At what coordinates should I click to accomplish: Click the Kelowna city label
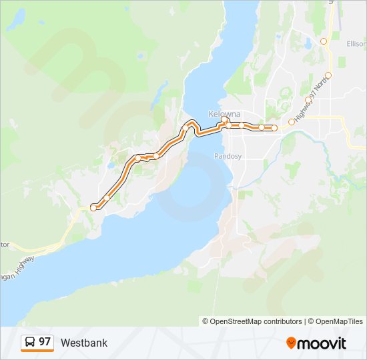(x=224, y=113)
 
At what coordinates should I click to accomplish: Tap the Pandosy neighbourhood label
(x=227, y=156)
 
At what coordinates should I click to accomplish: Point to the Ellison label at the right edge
(x=356, y=44)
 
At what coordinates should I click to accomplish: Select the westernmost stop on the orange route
(x=93, y=207)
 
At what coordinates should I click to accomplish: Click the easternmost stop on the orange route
(x=274, y=128)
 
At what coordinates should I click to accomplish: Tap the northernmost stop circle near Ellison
(x=324, y=41)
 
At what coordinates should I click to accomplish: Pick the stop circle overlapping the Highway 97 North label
(x=308, y=100)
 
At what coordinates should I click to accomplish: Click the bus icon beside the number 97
(x=30, y=342)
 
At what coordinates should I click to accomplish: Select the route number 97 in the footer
(x=45, y=342)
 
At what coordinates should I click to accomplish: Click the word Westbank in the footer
(x=83, y=343)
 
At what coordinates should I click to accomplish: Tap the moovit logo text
(x=322, y=343)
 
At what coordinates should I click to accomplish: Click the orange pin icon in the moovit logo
(x=291, y=343)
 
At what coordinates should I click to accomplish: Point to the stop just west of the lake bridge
(x=186, y=128)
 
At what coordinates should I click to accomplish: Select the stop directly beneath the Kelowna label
(x=228, y=125)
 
